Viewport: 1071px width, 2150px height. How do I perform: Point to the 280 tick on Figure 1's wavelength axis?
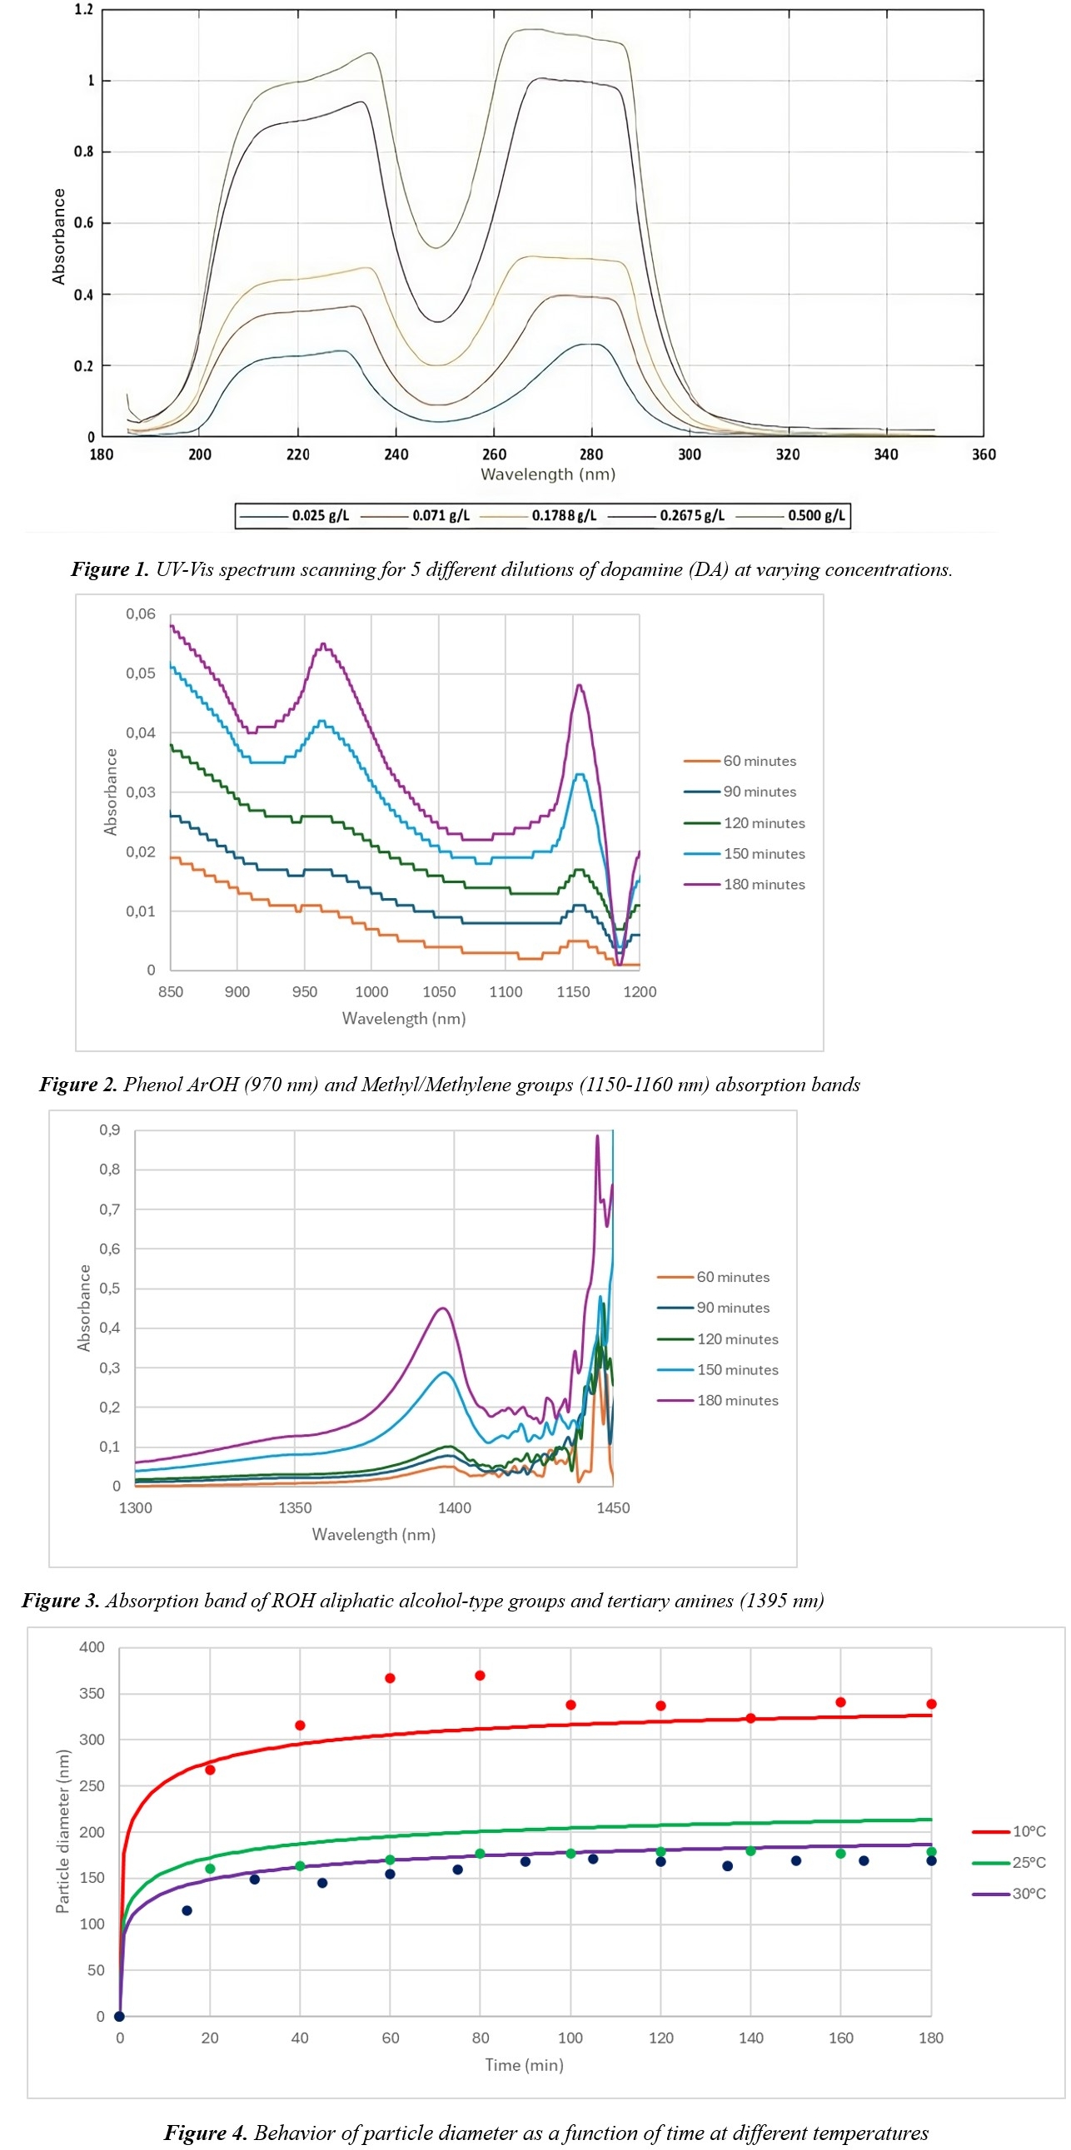click(x=591, y=454)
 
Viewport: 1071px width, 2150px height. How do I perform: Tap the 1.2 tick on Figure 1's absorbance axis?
click(x=83, y=10)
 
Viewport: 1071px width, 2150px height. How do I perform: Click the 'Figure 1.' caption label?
click(x=109, y=569)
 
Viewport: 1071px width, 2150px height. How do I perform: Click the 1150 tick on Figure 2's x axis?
click(x=573, y=991)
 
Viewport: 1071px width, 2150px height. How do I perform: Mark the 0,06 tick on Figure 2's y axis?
click(x=140, y=614)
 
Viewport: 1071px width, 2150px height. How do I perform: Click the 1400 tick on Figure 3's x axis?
click(x=454, y=1507)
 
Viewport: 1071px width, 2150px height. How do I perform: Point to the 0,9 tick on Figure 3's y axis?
click(x=109, y=1130)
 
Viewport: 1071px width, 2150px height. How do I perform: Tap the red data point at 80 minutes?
click(x=480, y=1675)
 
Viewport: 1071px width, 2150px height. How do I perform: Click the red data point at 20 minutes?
click(x=211, y=1770)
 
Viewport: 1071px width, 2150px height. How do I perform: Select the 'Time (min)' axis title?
click(x=524, y=2065)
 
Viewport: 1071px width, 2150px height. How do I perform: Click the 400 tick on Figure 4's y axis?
click(x=92, y=1646)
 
